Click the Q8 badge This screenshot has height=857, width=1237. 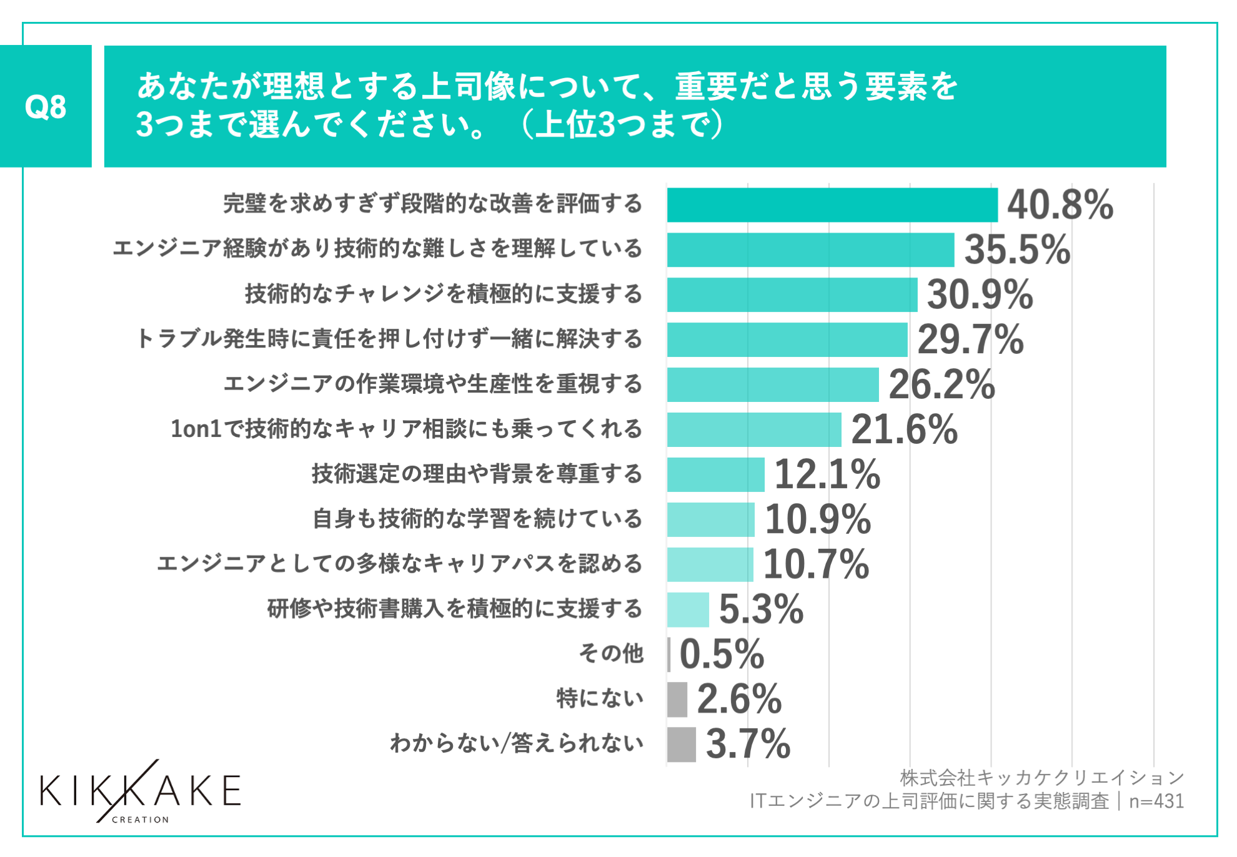click(46, 106)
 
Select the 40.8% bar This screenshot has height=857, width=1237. click(832, 205)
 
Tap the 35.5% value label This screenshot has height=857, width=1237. click(1017, 250)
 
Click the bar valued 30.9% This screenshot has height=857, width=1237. click(792, 295)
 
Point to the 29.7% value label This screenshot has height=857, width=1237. click(970, 340)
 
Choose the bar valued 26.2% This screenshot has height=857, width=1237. click(773, 385)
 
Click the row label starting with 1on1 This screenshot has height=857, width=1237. click(406, 429)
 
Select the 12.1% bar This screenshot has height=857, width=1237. click(715, 475)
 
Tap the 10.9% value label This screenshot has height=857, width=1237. click(818, 519)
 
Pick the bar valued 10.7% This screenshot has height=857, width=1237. click(710, 564)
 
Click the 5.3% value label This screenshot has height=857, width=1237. click(761, 609)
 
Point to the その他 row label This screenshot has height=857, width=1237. click(611, 654)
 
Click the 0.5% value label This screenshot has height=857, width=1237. click(722, 654)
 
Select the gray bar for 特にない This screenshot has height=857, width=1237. click(677, 699)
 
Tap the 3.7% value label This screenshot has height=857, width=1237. click(748, 744)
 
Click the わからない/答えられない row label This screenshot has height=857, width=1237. click(517, 744)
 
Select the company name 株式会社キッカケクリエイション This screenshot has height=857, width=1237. click(1041, 778)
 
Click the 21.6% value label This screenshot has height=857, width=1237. click(904, 430)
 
